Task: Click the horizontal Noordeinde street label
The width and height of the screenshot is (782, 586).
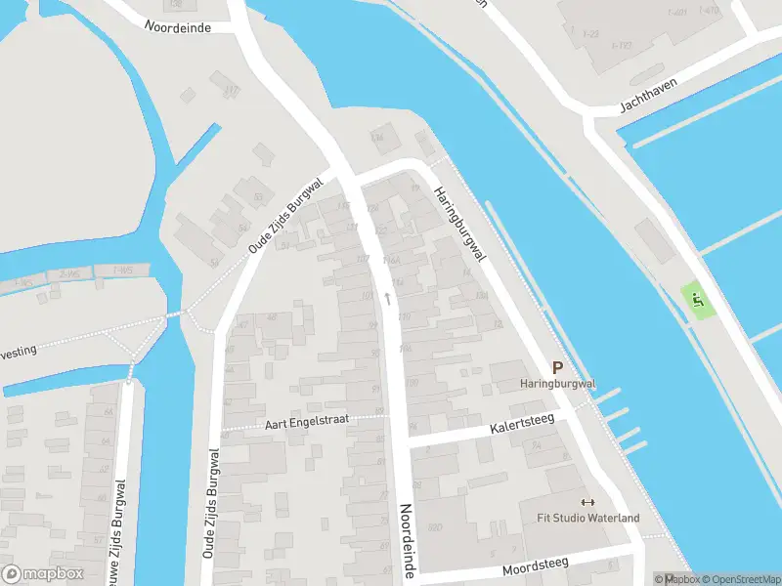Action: click(x=178, y=27)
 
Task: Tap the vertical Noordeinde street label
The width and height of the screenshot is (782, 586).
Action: click(x=410, y=541)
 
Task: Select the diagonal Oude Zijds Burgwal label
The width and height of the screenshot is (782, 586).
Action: click(x=284, y=216)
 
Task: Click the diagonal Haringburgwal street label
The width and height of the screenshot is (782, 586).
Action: click(x=460, y=224)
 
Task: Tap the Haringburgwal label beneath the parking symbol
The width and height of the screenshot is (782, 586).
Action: click(x=558, y=384)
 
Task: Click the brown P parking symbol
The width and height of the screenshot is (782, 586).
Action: click(x=558, y=368)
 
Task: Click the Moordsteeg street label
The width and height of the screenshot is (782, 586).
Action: click(x=535, y=567)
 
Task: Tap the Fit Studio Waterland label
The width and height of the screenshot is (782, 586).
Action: click(x=587, y=518)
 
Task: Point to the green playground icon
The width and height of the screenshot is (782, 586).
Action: click(x=697, y=298)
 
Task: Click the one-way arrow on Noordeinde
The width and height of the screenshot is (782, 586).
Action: click(x=388, y=297)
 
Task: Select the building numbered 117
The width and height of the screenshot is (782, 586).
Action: click(x=232, y=91)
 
